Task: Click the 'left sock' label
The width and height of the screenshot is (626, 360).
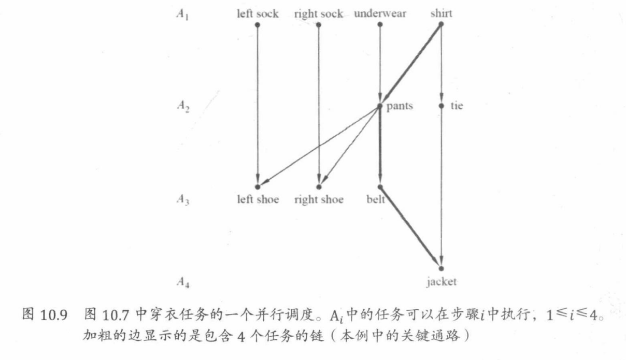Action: point(258,14)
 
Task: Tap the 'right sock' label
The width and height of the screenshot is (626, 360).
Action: point(318,14)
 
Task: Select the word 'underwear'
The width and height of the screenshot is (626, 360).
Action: point(380,14)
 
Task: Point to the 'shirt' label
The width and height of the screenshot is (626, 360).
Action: point(441,14)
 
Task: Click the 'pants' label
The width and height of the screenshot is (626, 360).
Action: point(400,107)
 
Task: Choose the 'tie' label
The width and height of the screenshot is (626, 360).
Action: point(457,106)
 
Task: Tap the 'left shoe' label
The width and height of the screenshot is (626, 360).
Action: point(258,200)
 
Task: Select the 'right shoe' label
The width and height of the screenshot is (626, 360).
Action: point(319,200)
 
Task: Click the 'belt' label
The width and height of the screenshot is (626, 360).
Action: point(376,200)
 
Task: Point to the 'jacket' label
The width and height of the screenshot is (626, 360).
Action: point(441,282)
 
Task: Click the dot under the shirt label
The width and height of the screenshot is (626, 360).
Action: point(441,24)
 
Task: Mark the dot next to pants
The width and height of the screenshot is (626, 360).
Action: point(380,106)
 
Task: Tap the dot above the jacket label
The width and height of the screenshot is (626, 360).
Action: point(441,268)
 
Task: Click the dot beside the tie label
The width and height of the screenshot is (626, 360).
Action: point(441,106)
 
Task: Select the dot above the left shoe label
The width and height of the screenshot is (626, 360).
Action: point(258,186)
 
